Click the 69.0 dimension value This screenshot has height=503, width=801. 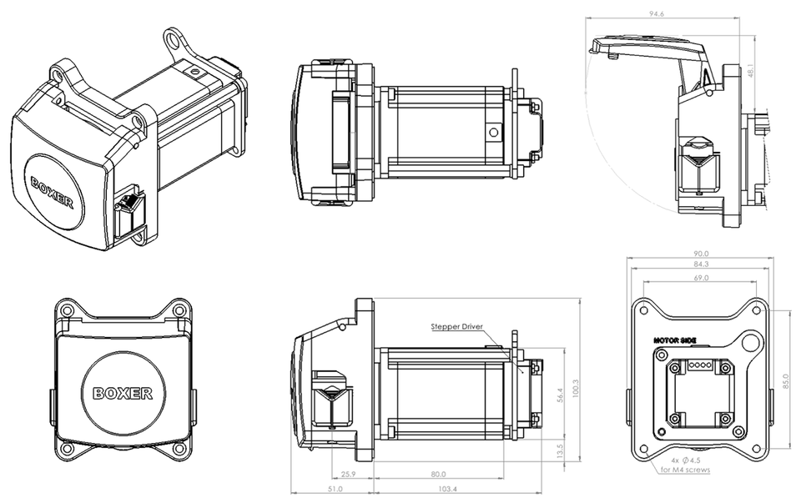point(701,277)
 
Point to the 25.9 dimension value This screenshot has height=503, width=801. point(350,474)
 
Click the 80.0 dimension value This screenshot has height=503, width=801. point(436,474)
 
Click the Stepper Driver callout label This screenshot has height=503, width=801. point(456,327)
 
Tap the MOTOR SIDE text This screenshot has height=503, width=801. point(675,341)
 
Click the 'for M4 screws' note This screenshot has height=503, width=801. point(685,470)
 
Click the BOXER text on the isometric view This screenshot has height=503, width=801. point(53,192)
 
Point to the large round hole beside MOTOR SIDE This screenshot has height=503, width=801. point(750,341)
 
